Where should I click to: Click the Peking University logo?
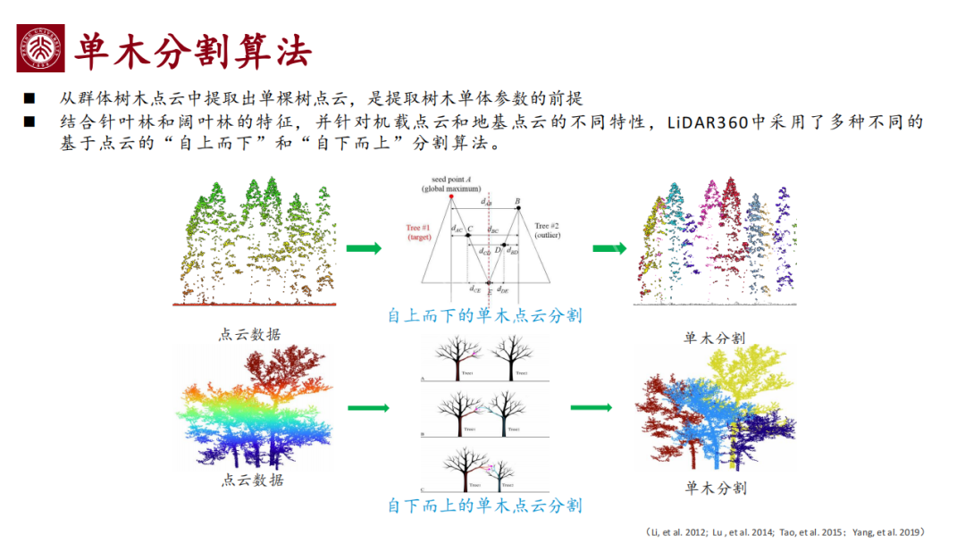40,49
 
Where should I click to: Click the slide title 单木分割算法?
193,51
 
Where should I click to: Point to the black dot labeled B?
518,208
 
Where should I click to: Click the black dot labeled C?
467,235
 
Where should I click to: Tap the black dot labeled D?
505,244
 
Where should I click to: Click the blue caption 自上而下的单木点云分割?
484,315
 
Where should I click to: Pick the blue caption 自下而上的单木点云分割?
484,505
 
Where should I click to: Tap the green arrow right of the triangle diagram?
609,248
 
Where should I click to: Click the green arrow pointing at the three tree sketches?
369,409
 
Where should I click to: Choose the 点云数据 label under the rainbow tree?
251,480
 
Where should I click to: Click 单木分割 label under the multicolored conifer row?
714,338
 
